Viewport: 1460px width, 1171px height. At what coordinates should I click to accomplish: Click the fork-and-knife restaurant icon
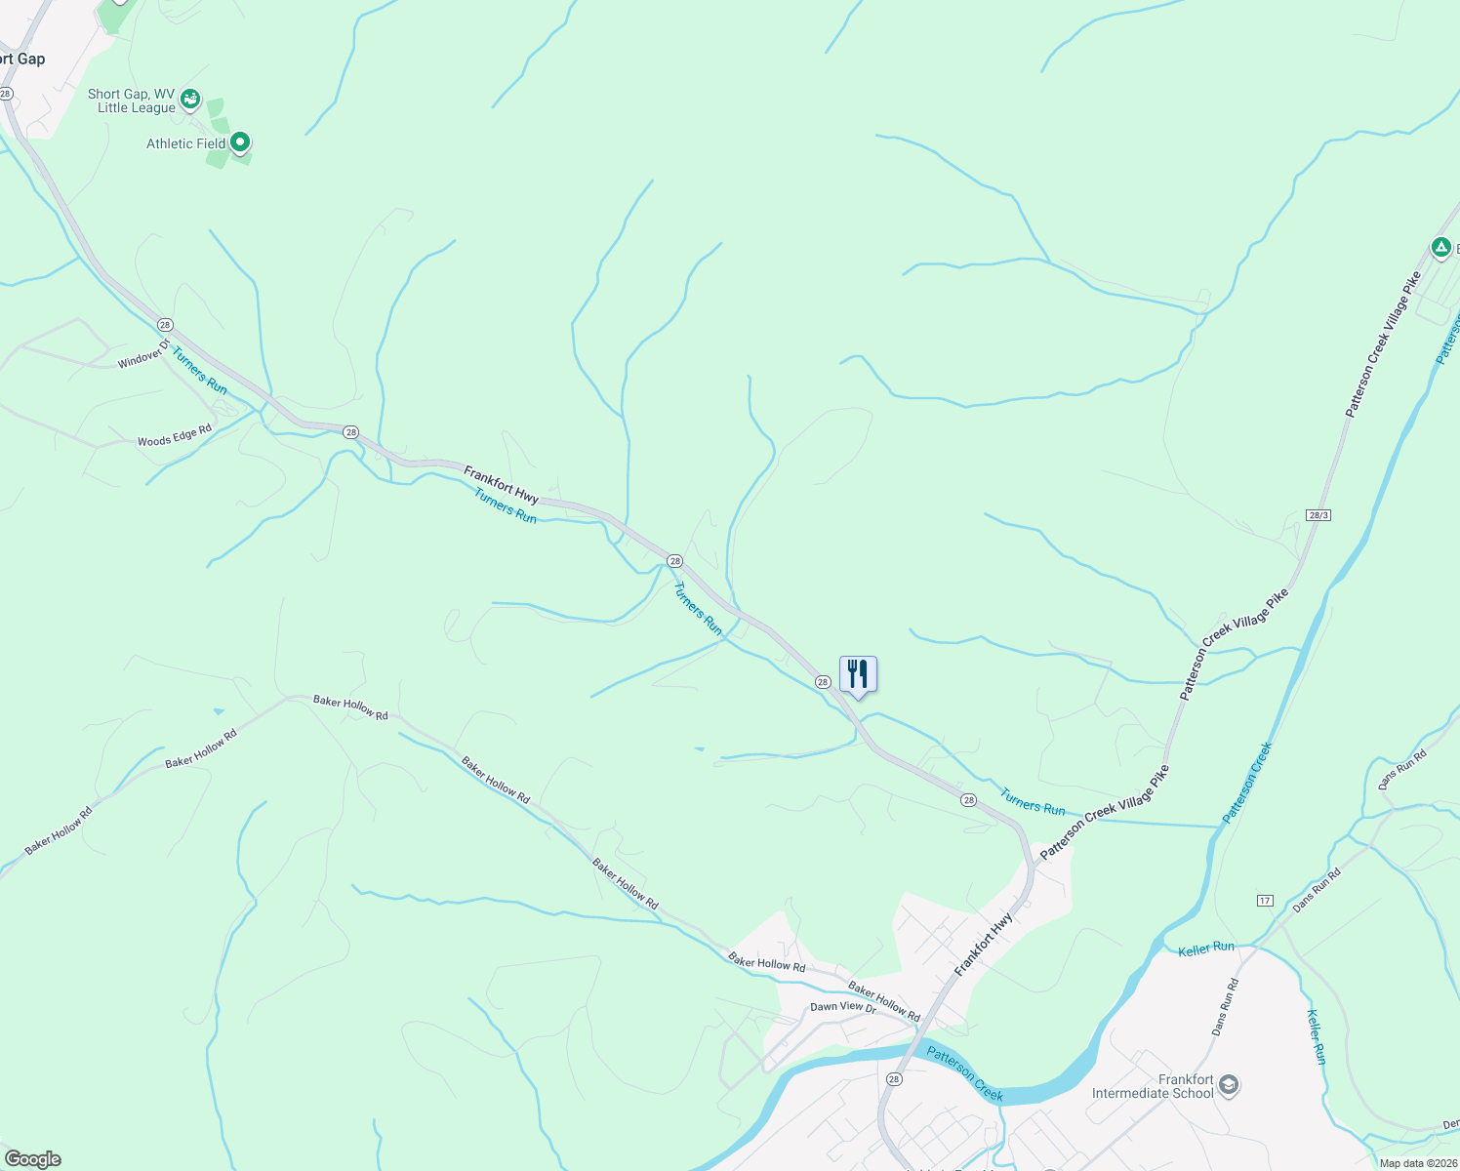click(x=858, y=673)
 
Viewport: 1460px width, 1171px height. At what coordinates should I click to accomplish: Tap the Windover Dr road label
click(x=143, y=353)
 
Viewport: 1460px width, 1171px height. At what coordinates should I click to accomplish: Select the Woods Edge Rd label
click(x=175, y=435)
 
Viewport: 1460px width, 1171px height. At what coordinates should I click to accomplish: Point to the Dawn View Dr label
click(x=843, y=1006)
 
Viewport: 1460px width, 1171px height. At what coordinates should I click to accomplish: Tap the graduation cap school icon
click(x=1229, y=1085)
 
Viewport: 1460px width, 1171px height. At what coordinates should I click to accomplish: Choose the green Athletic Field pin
click(x=240, y=142)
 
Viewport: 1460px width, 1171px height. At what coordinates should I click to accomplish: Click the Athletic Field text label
click(x=186, y=143)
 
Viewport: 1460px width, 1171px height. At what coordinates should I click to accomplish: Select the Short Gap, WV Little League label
click(x=132, y=101)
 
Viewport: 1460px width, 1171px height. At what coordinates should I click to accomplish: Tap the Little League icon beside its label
click(x=190, y=98)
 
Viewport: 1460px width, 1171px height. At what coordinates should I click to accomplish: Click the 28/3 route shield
click(x=1318, y=514)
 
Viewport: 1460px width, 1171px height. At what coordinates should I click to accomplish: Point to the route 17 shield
click(x=1265, y=900)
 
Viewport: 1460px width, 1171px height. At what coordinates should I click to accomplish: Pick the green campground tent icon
click(x=1440, y=247)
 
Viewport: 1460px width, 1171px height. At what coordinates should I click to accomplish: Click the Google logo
click(x=33, y=1159)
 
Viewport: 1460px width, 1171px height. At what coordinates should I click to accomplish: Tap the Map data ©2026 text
click(x=1417, y=1163)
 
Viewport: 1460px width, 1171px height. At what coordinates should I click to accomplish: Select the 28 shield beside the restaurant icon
click(x=823, y=682)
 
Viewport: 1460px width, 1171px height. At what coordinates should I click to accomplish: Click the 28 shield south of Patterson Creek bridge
click(x=894, y=1079)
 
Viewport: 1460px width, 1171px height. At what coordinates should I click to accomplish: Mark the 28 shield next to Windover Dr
click(x=165, y=324)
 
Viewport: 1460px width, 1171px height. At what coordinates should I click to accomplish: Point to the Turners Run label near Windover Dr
click(x=199, y=371)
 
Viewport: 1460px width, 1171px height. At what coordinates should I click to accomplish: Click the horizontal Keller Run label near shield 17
click(x=1206, y=948)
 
